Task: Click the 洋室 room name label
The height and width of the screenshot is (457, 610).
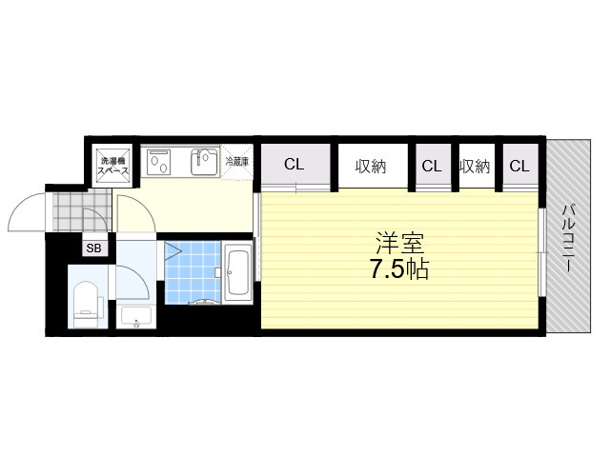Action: coord(399,243)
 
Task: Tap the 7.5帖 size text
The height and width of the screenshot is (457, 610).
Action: coord(399,268)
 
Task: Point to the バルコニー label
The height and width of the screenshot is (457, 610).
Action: coord(569,238)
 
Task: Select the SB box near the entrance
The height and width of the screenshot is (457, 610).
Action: coord(93,248)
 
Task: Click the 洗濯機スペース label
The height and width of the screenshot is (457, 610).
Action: coord(112,166)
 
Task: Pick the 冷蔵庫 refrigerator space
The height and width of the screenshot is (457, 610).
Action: coord(237,162)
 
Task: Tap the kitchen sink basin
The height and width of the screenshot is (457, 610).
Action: coord(205,162)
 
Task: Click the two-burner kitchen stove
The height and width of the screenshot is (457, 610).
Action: coord(159,162)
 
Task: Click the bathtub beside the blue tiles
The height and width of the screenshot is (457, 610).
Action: coord(237,273)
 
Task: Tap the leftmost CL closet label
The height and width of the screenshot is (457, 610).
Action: coord(294,164)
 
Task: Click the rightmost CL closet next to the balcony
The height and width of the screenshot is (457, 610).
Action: coord(519,167)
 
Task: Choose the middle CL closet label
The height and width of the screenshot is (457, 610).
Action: coord(432,167)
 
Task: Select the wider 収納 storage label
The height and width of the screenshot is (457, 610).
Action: coord(371,167)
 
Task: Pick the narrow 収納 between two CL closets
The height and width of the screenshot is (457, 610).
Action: coord(475,167)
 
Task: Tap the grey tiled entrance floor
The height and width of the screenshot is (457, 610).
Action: coord(82,210)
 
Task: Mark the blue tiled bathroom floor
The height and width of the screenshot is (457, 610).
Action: coord(193,272)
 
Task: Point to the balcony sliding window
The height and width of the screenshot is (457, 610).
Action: coord(542,252)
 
